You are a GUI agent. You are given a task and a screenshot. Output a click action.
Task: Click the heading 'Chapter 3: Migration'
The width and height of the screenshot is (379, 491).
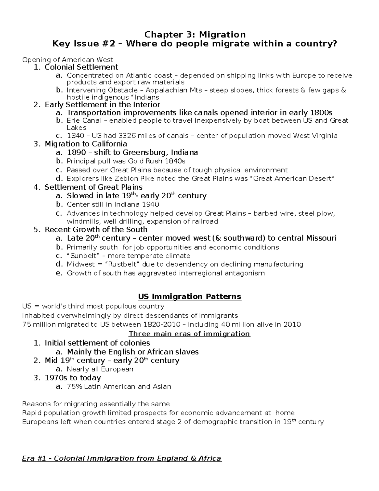pos(195,34)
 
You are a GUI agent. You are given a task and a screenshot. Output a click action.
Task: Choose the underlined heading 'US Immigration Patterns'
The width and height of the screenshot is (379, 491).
pos(189,297)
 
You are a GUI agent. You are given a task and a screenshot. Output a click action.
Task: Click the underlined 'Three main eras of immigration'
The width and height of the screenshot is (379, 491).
pos(189,334)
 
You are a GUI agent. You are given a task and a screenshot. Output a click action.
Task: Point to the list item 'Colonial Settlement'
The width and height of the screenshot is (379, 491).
pos(81,67)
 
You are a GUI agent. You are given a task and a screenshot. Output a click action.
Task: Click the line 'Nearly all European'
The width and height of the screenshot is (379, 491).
pos(100,369)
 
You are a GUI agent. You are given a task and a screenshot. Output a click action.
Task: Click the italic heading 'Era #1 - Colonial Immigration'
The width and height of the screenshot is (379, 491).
pos(122,458)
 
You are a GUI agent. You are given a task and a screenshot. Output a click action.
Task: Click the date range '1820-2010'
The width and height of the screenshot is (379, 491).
pos(162,325)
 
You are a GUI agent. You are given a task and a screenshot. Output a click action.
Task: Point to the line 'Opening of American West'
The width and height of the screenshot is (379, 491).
pos(67,60)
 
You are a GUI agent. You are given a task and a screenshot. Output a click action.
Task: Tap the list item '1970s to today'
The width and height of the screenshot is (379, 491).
pos(73,378)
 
